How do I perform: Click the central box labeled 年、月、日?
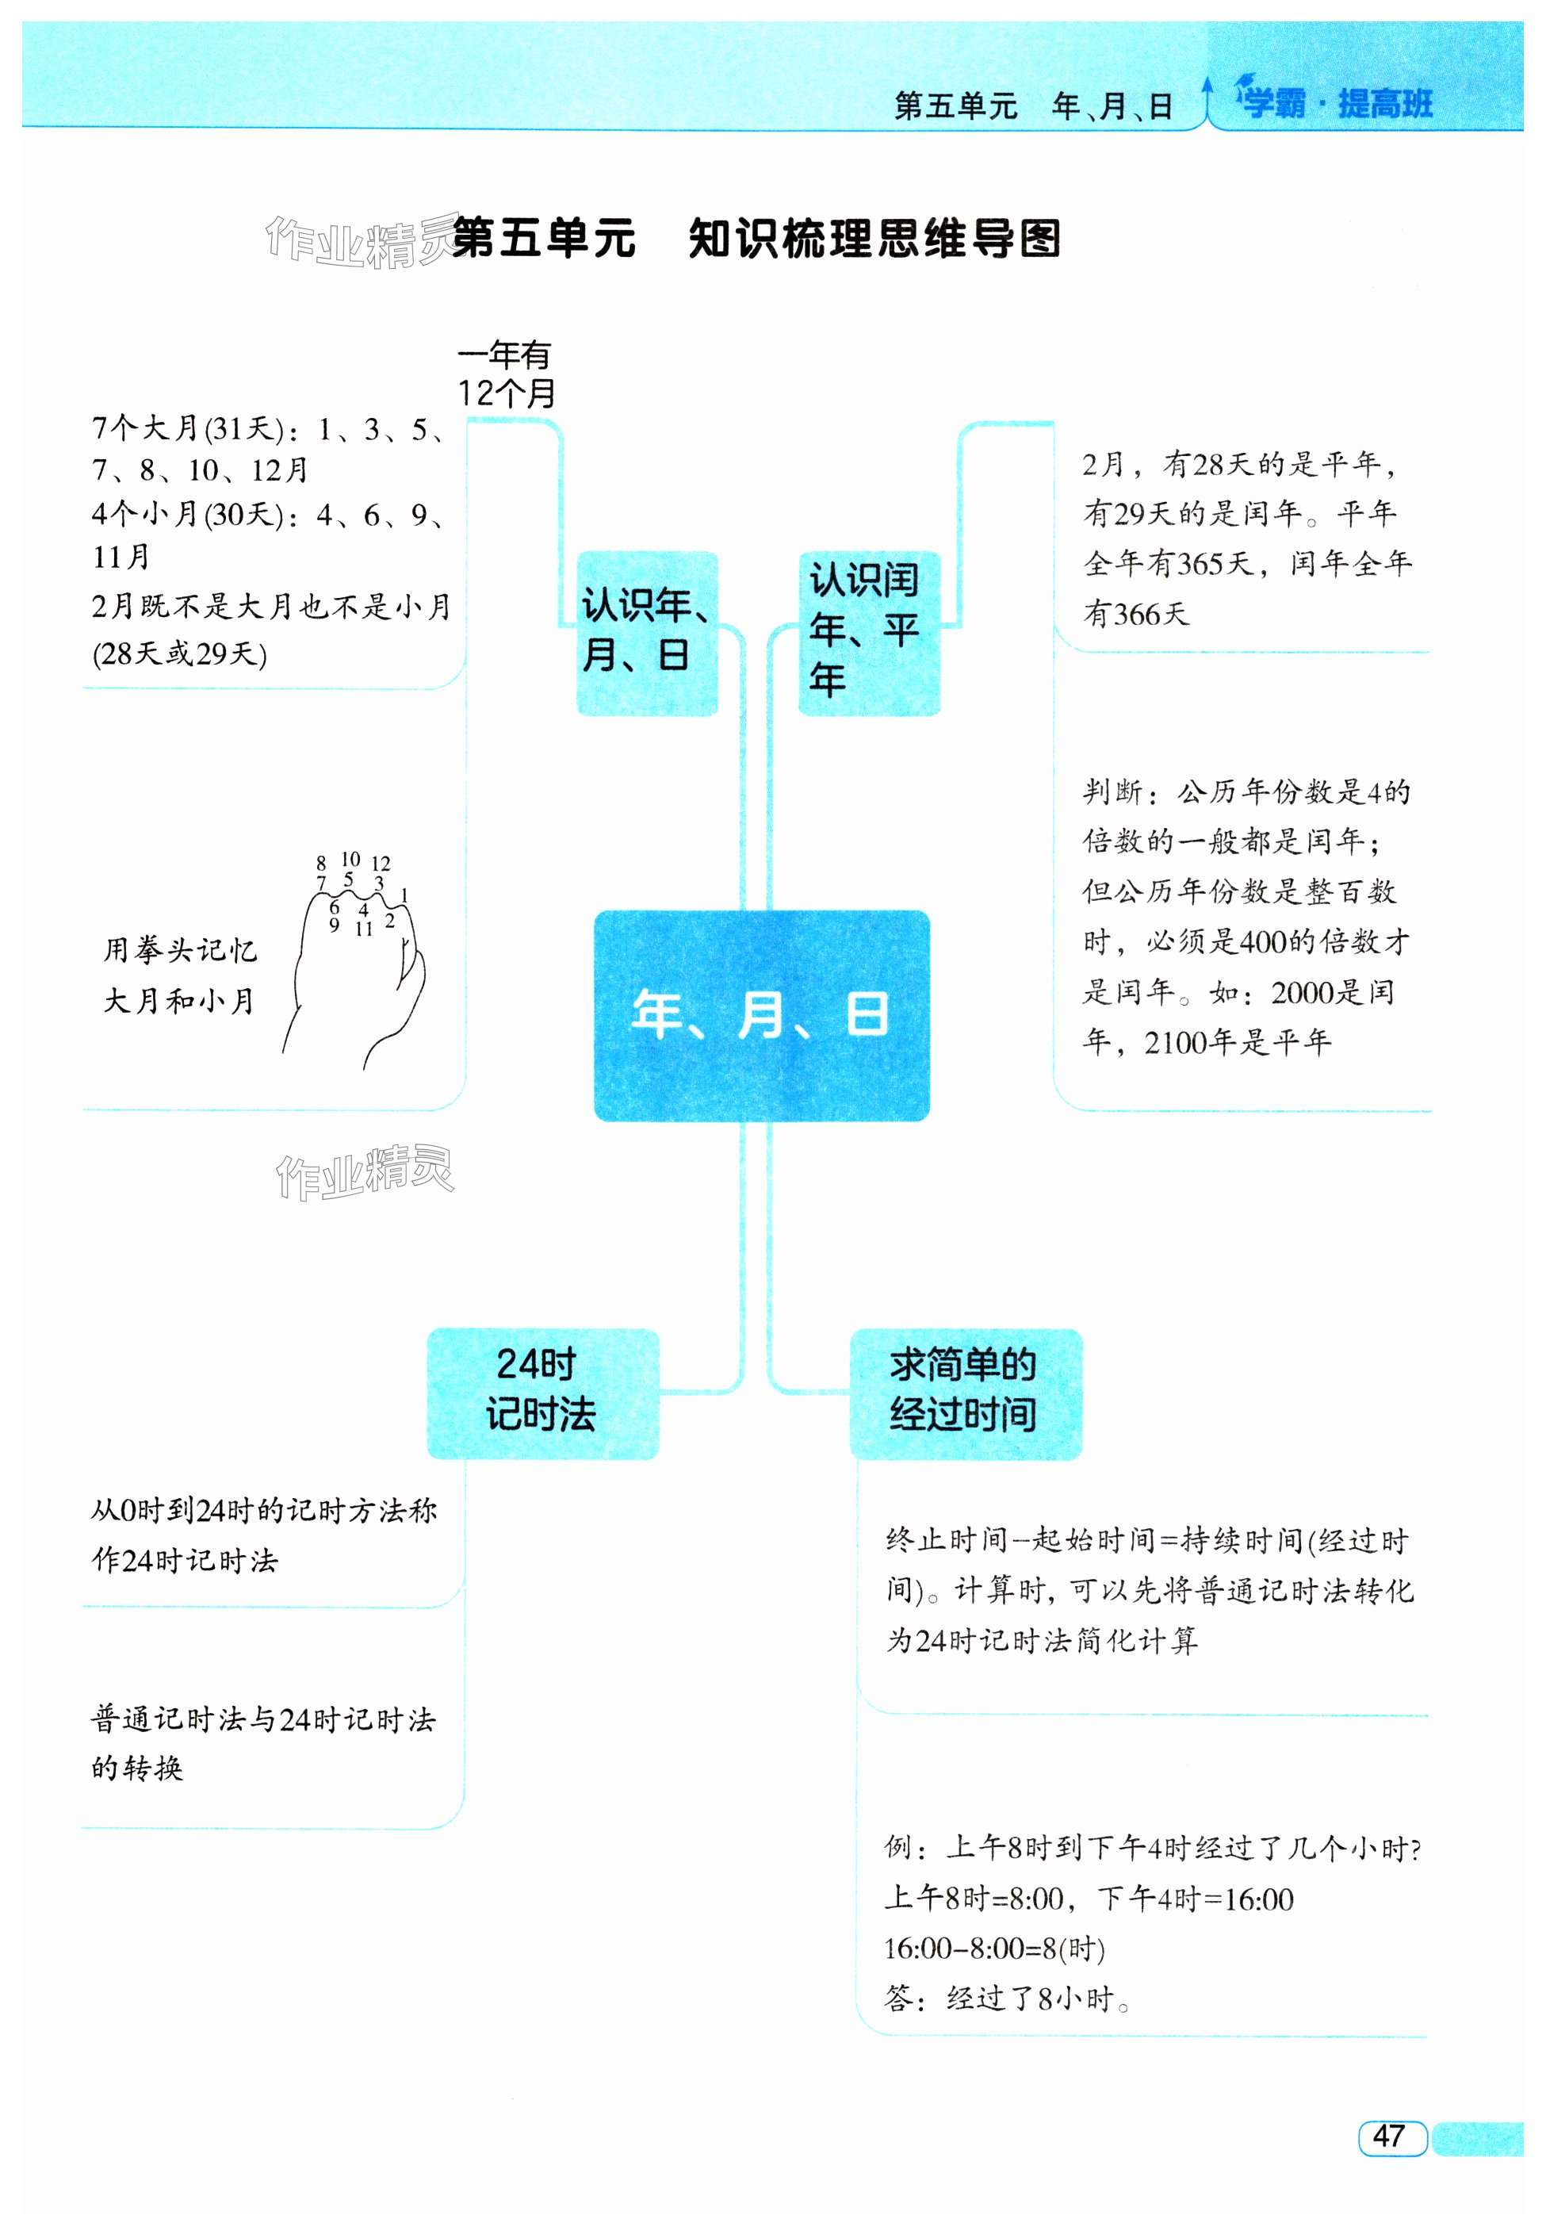tap(761, 1014)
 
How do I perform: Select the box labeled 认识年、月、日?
tap(647, 633)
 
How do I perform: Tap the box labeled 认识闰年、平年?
tap(868, 632)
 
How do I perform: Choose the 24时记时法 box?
tap(542, 1393)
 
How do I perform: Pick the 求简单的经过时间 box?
tap(965, 1393)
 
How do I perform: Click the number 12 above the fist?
tap(381, 863)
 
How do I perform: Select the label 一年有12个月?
tap(506, 374)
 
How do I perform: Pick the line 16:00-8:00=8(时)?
tap(994, 1949)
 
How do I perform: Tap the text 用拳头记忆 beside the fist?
tap(180, 949)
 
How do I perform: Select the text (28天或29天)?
tap(180, 654)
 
